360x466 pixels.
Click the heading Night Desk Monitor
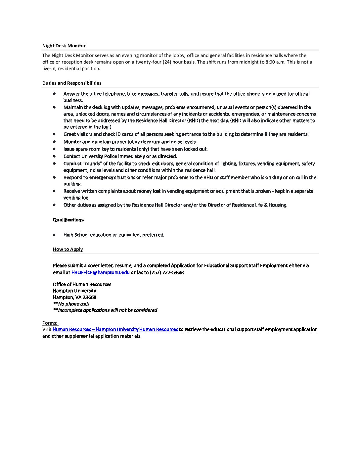(x=64, y=46)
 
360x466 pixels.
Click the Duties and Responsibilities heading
(x=72, y=83)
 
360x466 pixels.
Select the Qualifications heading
(x=68, y=220)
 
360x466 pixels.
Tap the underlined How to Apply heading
(x=68, y=249)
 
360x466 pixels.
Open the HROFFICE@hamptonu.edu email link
(x=100, y=272)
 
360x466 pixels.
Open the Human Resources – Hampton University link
(x=115, y=329)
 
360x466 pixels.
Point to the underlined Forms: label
(x=50, y=323)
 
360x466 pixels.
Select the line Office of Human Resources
(x=82, y=284)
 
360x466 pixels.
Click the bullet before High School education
(x=54, y=235)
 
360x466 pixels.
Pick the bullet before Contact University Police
(x=54, y=156)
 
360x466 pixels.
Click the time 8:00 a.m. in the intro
(x=275, y=62)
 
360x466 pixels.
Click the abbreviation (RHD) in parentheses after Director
(x=193, y=120)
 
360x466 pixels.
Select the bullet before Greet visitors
(x=54, y=134)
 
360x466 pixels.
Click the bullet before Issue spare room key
(x=54, y=149)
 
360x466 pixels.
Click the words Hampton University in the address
(x=74, y=291)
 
